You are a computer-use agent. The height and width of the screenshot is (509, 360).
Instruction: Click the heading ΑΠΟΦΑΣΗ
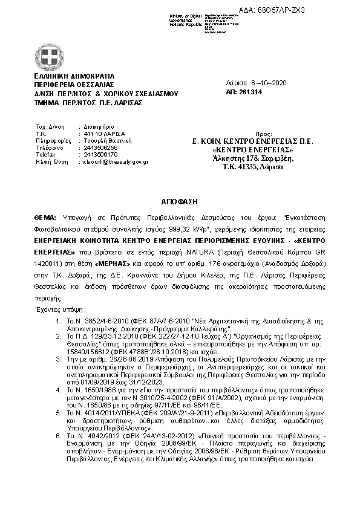179,199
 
